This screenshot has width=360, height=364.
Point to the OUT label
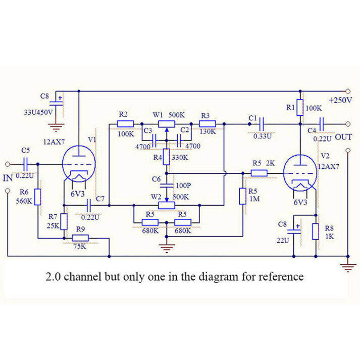click(x=343, y=137)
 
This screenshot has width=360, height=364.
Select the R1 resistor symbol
click(x=299, y=108)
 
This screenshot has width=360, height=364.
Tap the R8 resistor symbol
click(x=316, y=231)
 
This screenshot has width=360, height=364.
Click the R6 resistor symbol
click(x=37, y=197)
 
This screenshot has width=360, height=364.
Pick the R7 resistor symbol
click(x=64, y=221)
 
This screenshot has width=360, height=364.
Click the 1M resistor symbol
click(x=242, y=196)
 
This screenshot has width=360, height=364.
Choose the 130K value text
click(x=208, y=131)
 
